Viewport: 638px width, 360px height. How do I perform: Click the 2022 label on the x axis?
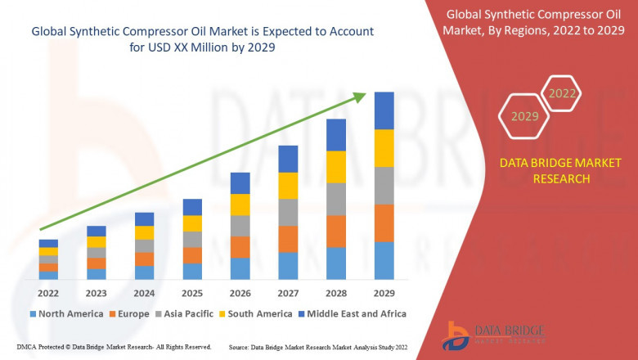[x=48, y=293]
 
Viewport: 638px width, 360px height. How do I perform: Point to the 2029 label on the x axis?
[x=384, y=293]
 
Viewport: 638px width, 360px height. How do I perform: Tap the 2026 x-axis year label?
[x=240, y=293]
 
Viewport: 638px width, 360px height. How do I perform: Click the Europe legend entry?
[x=128, y=313]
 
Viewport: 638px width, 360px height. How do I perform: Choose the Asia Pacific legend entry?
[x=184, y=313]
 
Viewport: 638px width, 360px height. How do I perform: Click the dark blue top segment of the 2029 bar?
[x=384, y=110]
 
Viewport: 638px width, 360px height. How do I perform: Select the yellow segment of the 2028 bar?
[x=336, y=167]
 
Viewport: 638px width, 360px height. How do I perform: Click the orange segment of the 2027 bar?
[x=288, y=239]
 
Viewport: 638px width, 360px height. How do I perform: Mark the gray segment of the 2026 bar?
[x=240, y=226]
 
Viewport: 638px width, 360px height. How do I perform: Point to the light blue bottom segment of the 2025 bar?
[x=192, y=272]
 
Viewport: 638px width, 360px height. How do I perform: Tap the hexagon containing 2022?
[x=562, y=94]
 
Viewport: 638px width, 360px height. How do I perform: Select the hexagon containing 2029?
[x=524, y=117]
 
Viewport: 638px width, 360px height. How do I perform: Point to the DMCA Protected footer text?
[x=115, y=347]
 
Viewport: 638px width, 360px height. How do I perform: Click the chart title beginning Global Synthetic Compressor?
[x=202, y=38]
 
